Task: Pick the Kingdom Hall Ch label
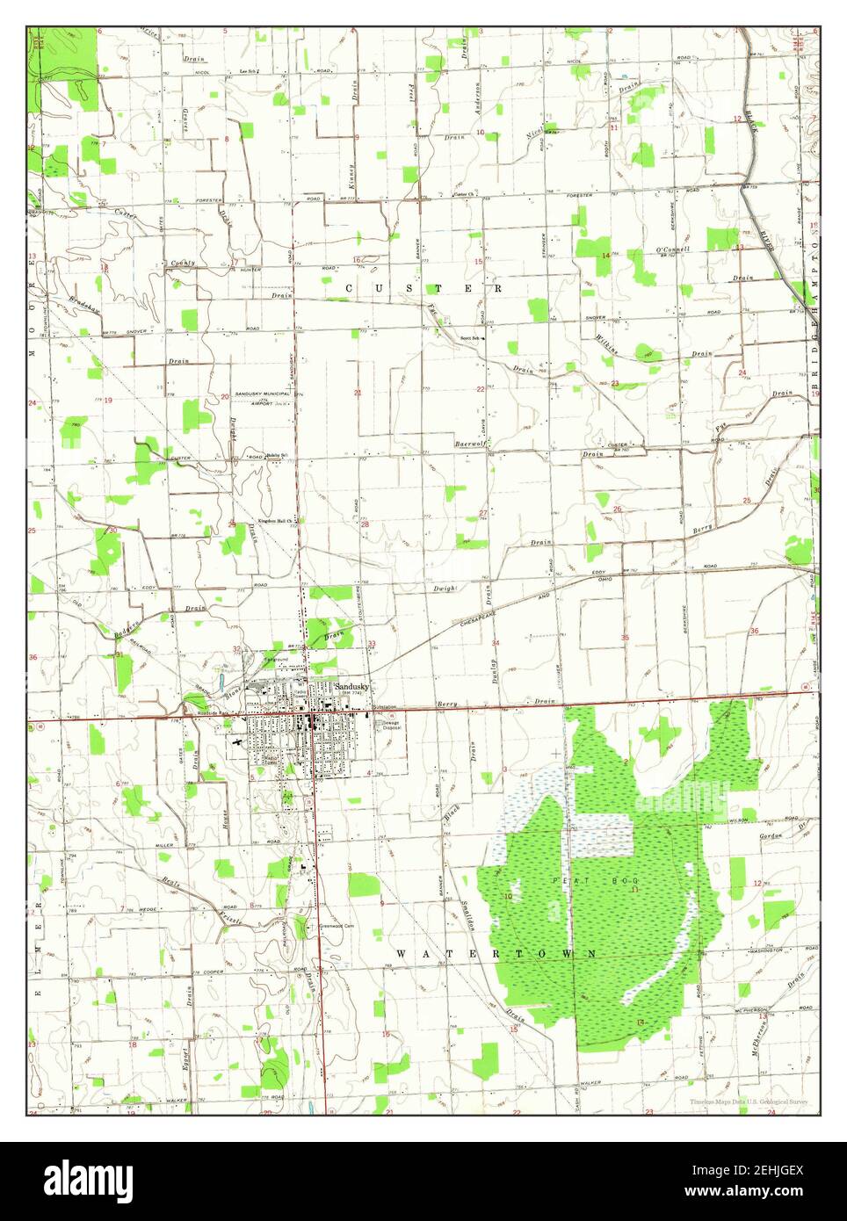click(276, 521)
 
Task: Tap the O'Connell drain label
click(673, 249)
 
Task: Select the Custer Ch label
click(464, 194)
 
